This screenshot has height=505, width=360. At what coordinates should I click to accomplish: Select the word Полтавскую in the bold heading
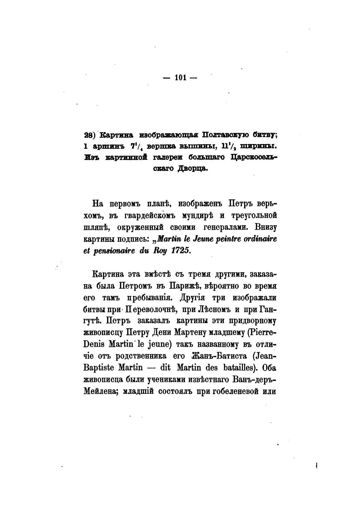(225, 135)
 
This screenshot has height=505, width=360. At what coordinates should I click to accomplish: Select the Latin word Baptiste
(99, 368)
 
